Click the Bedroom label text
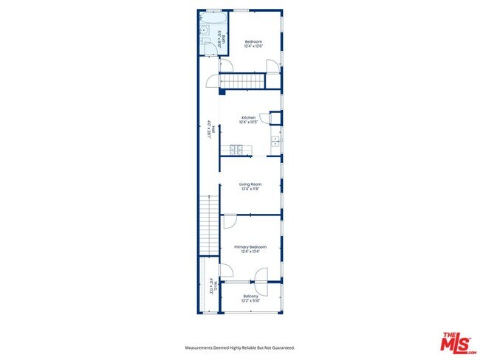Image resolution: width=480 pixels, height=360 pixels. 253,41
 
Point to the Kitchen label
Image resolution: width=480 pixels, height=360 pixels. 248,117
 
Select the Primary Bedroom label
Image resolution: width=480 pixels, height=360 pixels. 250,246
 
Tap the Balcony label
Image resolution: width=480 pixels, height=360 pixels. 250,296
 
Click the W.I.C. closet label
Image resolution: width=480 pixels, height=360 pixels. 210,284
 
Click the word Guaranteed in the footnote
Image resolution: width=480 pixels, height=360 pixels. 281,347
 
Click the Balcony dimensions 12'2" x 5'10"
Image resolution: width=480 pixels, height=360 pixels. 250,301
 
